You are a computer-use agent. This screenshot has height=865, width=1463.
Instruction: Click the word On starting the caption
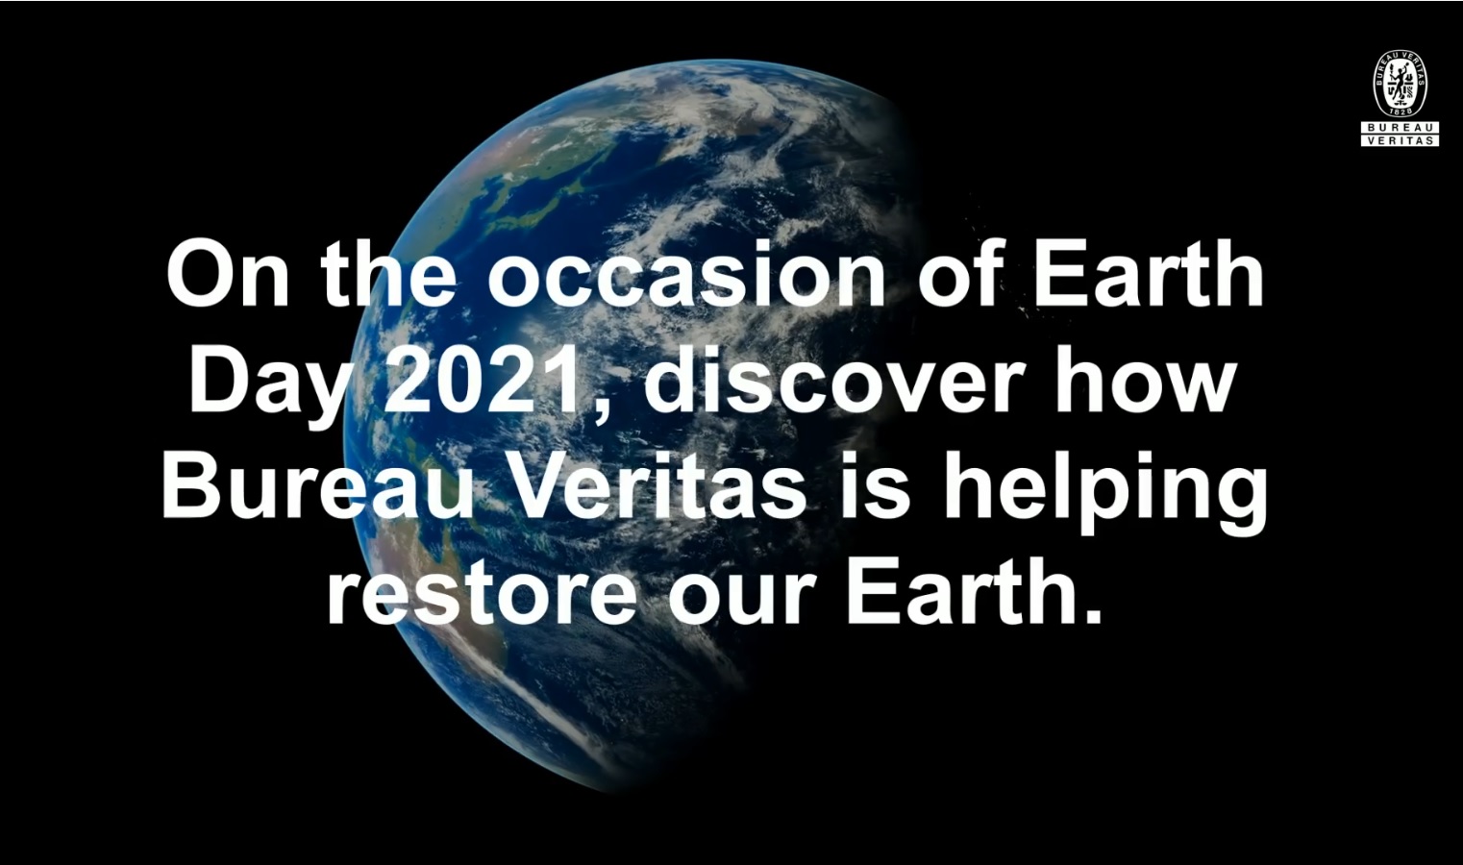click(x=228, y=274)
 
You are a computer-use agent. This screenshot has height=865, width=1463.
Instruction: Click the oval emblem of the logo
click(x=1400, y=85)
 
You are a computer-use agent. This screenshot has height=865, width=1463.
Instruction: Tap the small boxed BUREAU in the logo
click(x=1400, y=128)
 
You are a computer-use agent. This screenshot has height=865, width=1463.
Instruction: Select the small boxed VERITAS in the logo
click(x=1400, y=141)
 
